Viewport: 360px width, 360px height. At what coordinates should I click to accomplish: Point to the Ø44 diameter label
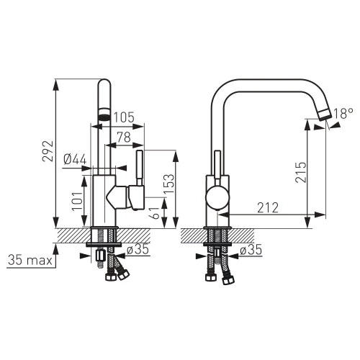click(76, 159)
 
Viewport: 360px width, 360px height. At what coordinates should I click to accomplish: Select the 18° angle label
click(343, 114)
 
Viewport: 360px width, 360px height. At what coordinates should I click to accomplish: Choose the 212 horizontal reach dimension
click(269, 207)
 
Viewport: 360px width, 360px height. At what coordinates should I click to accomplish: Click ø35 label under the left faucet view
click(138, 251)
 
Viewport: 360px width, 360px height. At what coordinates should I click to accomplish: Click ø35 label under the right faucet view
click(249, 251)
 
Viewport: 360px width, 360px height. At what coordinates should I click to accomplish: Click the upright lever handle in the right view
click(216, 165)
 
